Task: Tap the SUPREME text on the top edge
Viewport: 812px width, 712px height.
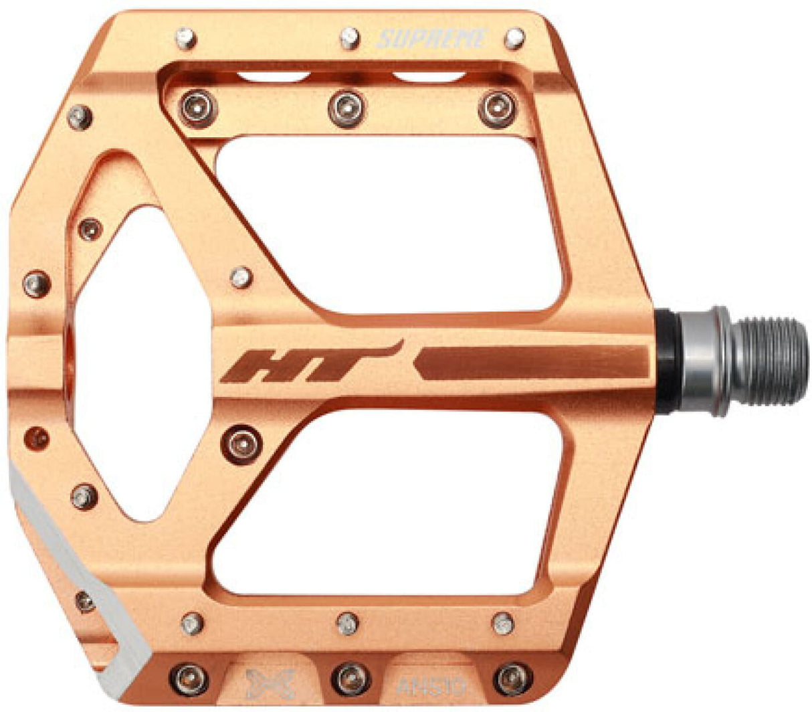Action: point(431,39)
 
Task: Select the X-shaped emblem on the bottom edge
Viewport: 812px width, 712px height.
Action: point(261,684)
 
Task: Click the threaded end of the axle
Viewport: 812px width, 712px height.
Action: point(769,361)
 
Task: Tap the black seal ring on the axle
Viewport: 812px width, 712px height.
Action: point(668,361)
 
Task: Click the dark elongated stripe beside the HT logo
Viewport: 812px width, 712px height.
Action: point(532,363)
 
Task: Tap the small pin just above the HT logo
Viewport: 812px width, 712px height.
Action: point(241,276)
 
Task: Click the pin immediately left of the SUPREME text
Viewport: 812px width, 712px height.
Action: point(350,37)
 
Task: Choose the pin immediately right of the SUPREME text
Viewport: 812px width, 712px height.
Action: point(514,37)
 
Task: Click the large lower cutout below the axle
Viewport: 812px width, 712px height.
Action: point(395,502)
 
